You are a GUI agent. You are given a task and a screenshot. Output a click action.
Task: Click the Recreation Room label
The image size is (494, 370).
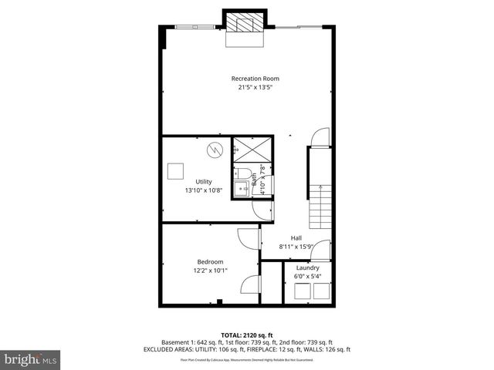255,79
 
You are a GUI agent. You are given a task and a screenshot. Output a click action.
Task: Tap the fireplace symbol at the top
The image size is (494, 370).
245,24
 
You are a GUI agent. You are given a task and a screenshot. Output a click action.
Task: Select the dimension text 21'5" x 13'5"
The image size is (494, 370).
255,88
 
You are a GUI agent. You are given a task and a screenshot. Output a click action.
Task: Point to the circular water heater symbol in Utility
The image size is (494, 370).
215,149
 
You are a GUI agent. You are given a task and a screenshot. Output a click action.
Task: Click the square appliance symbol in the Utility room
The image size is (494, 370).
177,170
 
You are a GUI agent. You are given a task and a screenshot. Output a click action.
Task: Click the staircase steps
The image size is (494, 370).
321,204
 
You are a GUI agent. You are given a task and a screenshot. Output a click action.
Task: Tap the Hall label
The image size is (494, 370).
296,237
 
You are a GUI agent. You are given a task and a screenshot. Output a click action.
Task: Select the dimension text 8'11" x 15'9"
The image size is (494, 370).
296,247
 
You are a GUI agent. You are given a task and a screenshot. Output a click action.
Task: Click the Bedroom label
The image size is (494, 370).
210,262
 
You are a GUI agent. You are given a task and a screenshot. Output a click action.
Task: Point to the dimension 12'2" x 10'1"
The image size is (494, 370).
210,271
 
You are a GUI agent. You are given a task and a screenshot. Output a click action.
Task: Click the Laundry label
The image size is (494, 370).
307,267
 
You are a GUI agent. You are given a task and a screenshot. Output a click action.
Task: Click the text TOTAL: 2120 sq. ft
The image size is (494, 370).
247,335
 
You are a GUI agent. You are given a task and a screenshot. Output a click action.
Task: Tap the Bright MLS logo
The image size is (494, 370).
31,360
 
